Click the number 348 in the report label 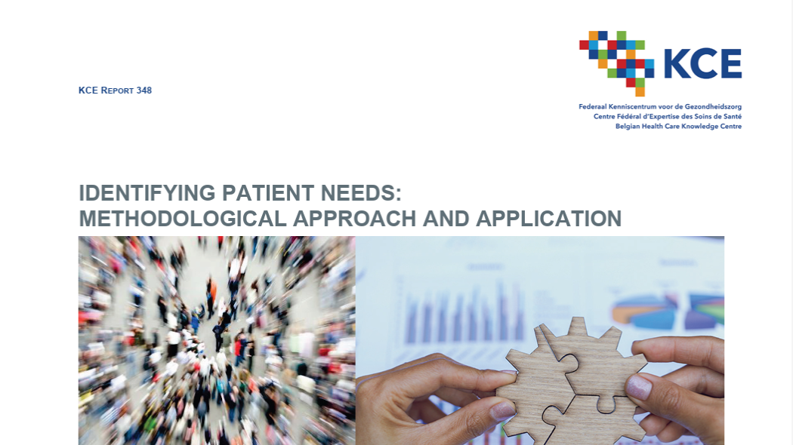pos(144,91)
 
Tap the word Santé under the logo pos(731,117)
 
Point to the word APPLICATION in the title pos(548,219)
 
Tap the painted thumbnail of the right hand pos(638,388)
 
